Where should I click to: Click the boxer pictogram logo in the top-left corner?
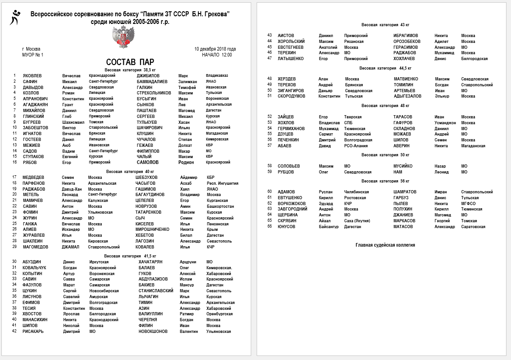click(x=15, y=17)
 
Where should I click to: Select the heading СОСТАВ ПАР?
click(x=130, y=62)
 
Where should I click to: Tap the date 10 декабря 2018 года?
click(x=215, y=49)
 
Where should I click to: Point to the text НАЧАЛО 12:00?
click(x=217, y=55)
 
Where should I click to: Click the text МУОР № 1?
click(x=33, y=55)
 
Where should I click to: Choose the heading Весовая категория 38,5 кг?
click(x=130, y=70)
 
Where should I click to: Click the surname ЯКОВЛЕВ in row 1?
click(x=33, y=76)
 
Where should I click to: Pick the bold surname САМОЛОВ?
click(x=148, y=162)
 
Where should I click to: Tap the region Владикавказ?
click(x=217, y=76)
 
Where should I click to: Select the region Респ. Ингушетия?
click(x=222, y=183)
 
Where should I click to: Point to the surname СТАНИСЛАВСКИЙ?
click(x=156, y=291)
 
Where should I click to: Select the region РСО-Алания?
click(x=356, y=146)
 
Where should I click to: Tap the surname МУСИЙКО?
click(x=403, y=166)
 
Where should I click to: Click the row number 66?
click(x=269, y=227)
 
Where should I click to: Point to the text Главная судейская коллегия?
click(x=385, y=245)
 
